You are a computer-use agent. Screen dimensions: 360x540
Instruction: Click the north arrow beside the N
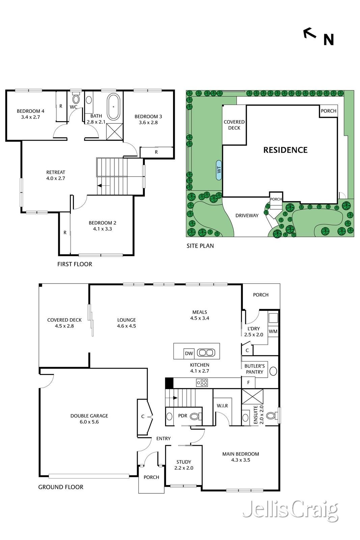310,33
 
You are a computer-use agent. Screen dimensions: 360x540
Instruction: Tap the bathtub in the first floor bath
113,107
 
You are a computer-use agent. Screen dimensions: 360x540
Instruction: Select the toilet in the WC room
76,97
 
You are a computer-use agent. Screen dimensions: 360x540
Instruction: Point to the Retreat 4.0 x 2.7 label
56,175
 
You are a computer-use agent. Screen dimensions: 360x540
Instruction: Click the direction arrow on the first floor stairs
103,186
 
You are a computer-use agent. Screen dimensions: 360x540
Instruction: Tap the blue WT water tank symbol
219,170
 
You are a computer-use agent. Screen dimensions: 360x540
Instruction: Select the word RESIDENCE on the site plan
285,150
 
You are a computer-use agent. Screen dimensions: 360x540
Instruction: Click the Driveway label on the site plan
247,216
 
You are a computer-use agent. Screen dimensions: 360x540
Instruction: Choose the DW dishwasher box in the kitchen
189,353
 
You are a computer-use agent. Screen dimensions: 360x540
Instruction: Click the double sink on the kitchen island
206,353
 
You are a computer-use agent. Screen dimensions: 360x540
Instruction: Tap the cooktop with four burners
202,383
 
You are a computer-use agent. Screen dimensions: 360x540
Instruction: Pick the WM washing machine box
273,331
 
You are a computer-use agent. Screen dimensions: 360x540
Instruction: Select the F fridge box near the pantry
248,383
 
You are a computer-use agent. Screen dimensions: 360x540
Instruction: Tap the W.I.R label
222,406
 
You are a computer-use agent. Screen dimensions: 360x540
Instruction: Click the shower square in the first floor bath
115,131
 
